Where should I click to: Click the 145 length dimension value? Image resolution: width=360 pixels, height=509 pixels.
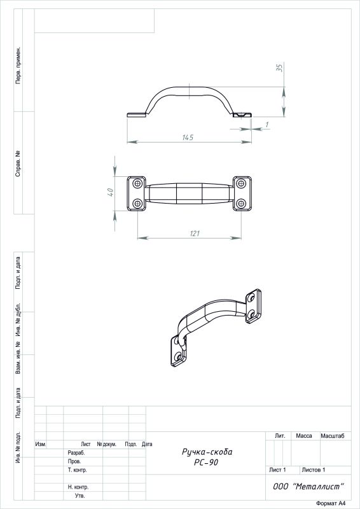coord(187,137)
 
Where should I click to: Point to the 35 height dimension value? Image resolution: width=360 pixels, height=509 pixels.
coord(280,67)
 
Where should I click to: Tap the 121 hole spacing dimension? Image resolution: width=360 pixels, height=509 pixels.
coord(194,234)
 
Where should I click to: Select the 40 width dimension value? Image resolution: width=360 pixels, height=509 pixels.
coord(110,192)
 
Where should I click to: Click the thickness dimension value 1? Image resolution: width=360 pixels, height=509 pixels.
coord(267,124)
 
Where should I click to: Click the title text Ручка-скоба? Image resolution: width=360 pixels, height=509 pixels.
coord(207,452)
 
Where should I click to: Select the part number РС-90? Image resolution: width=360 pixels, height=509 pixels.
coord(206,463)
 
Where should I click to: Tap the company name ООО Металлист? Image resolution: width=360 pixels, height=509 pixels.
coord(308,486)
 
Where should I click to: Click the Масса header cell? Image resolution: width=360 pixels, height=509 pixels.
coord(304,436)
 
